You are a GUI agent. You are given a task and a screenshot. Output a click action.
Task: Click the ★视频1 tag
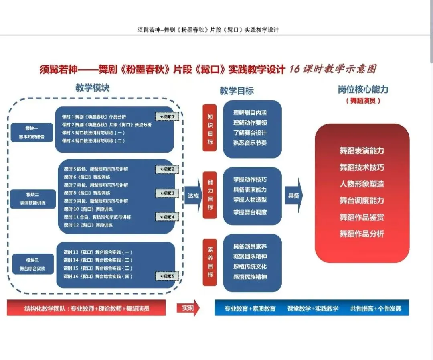coord(167,117)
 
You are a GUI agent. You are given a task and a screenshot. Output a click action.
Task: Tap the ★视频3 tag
coord(167,193)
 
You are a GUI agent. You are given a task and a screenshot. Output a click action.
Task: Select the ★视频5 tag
coord(167,276)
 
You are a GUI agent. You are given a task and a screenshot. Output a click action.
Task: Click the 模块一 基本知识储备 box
coord(32,132)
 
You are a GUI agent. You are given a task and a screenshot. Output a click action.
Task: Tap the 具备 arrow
coord(294,195)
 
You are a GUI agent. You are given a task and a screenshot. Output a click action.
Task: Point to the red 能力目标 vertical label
coord(210,195)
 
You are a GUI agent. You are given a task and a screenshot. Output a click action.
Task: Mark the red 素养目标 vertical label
coord(210,262)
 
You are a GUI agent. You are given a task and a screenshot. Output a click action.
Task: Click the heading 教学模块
coord(92,88)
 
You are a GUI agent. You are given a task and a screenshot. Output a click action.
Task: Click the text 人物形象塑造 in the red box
coord(362,184)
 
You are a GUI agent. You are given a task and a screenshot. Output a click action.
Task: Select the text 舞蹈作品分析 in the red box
coord(362,234)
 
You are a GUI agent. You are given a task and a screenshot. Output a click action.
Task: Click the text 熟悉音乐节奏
coord(250,143)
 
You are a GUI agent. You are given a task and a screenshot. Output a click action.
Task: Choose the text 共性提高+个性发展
coord(376,309)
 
